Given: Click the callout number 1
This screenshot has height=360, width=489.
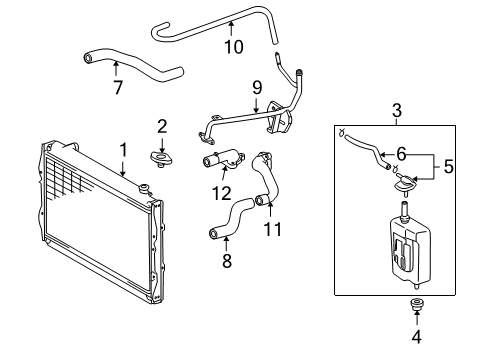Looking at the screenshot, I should [123, 150].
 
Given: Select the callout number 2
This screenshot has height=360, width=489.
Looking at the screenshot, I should [161, 125].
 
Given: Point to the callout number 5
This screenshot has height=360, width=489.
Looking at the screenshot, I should [448, 168].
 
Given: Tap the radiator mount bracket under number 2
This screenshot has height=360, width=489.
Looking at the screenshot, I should [163, 157].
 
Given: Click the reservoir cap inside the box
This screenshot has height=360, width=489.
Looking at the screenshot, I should [405, 185].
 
